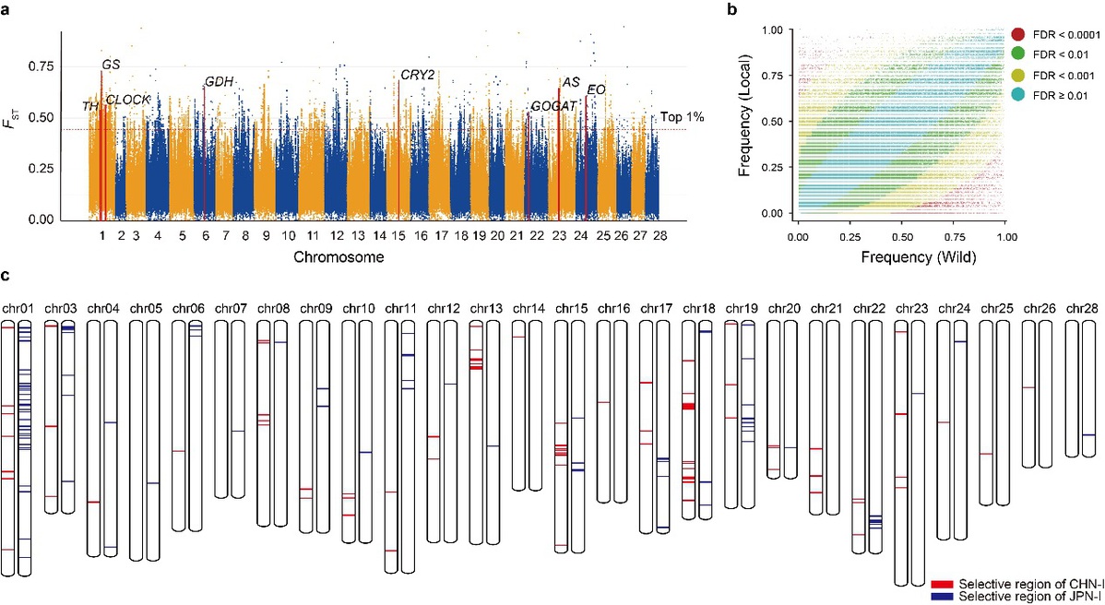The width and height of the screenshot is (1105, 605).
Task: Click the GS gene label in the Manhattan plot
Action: click(111, 64)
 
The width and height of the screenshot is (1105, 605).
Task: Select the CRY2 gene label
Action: click(417, 75)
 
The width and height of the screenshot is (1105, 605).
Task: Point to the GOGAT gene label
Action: click(554, 106)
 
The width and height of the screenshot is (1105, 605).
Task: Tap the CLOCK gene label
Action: click(127, 100)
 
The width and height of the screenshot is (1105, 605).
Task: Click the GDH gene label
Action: click(219, 82)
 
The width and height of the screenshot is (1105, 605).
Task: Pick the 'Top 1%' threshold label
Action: click(683, 118)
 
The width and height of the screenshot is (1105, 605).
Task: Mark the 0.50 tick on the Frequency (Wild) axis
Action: click(901, 238)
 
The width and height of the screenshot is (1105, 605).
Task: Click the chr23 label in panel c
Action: click(908, 307)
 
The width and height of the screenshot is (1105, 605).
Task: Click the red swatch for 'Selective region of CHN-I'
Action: click(942, 585)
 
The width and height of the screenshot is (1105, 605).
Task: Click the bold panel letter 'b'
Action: click(758, 10)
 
